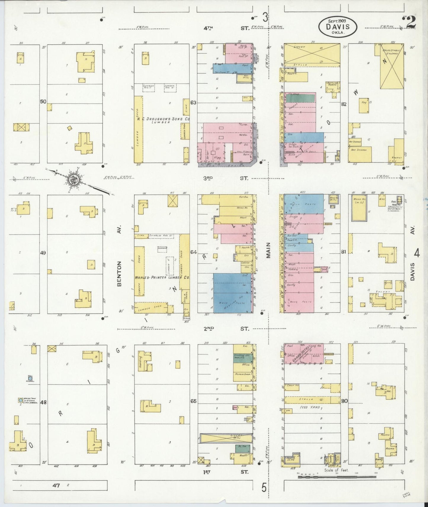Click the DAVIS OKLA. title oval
[x=338, y=27]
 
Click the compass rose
[x=73, y=179]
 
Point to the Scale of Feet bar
[x=336, y=477]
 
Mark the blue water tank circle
[x=20, y=400]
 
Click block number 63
[x=193, y=103]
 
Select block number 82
[x=344, y=104]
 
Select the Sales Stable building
[x=392, y=66]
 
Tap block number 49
[x=43, y=253]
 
